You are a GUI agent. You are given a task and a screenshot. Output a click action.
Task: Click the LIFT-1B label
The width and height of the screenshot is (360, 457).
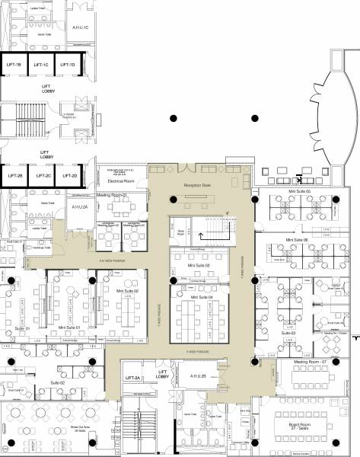point(13,66)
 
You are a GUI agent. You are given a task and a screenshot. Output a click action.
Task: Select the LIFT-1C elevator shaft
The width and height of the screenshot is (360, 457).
point(40,66)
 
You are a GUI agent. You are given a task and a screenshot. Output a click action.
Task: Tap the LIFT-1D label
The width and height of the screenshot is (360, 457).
point(67,66)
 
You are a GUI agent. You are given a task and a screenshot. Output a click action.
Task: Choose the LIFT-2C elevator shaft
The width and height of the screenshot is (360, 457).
point(43,176)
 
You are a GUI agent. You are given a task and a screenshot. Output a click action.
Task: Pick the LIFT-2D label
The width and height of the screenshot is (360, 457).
point(69,176)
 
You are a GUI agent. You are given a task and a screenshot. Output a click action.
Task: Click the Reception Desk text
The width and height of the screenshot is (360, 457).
point(196,185)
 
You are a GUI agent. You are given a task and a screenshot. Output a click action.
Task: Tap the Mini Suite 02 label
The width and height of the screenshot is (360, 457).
point(127,291)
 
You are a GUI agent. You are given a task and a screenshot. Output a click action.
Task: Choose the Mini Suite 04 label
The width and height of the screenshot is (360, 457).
point(203,297)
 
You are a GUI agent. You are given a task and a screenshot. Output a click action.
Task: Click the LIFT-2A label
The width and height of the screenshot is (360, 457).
point(134,378)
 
